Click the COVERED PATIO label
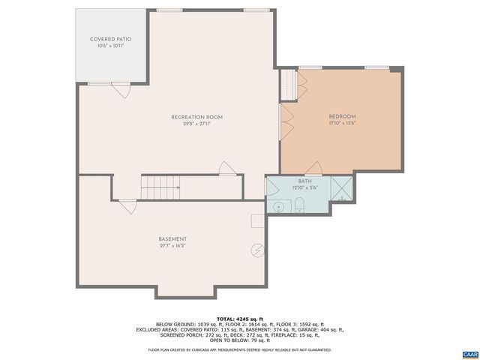pyautogui.click(x=111, y=39)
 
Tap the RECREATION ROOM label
pyautogui.click(x=196, y=117)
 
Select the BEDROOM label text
pyautogui.click(x=342, y=116)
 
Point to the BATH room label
pyautogui.click(x=304, y=181)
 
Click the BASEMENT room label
pyautogui.click(x=172, y=239)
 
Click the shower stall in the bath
pyautogui.click(x=341, y=189)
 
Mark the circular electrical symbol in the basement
pyautogui.click(x=258, y=250)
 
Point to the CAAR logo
pyautogui.click(x=469, y=353)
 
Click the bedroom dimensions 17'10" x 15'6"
pyautogui.click(x=342, y=124)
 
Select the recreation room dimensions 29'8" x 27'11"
pyautogui.click(x=196, y=124)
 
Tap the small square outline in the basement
pyautogui.click(x=256, y=220)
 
